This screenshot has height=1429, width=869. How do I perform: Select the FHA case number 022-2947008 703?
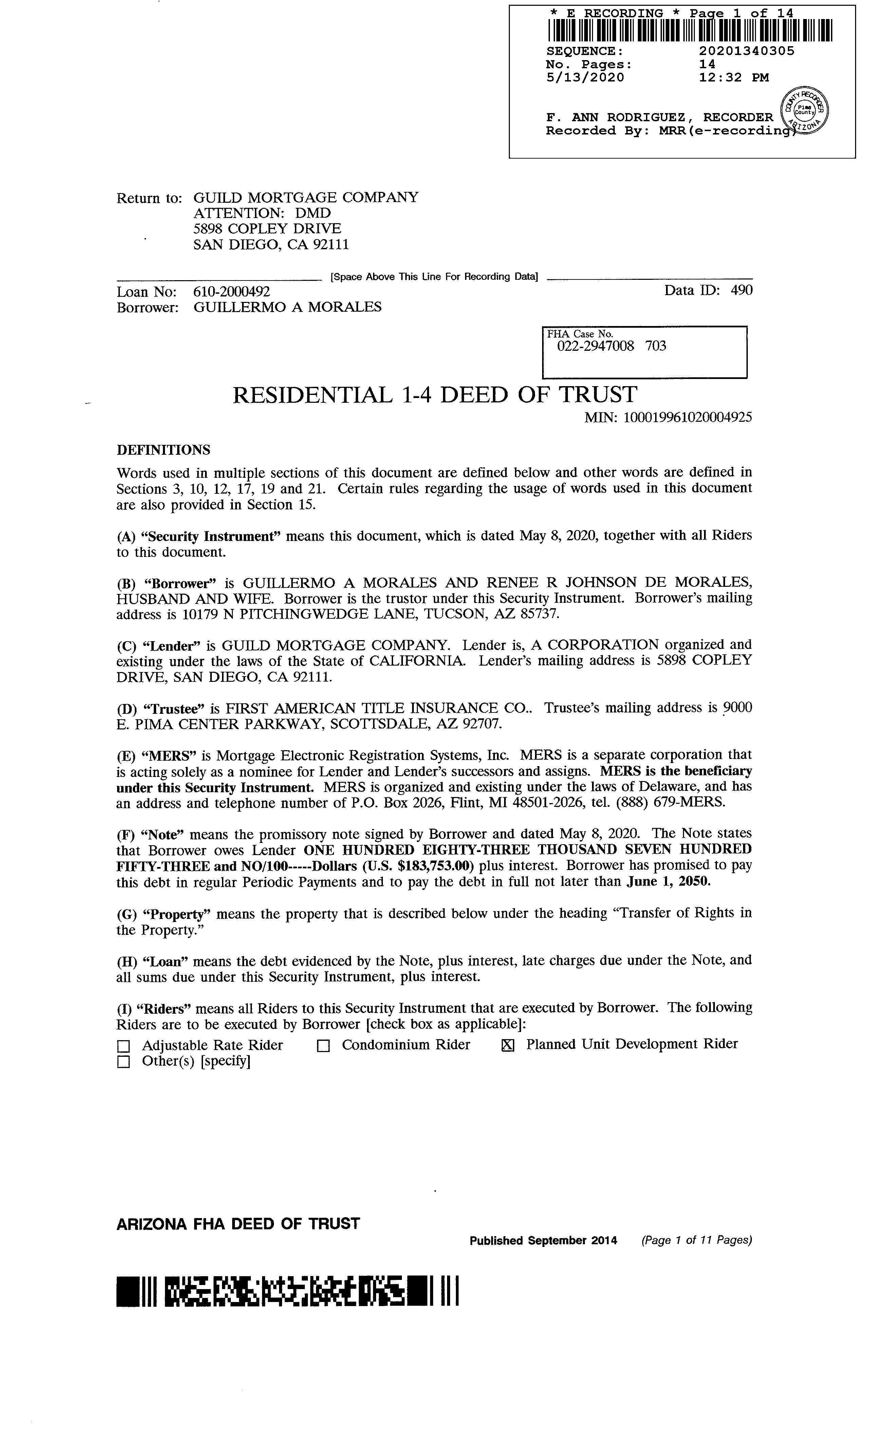coord(612,346)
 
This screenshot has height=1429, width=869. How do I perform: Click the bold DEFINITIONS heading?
coord(164,450)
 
